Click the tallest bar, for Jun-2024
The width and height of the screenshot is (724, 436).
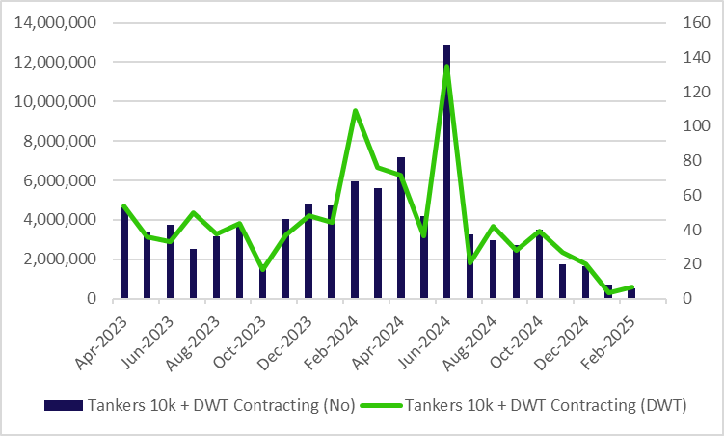[446, 172]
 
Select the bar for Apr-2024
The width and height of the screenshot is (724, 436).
[401, 228]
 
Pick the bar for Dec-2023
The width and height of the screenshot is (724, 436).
[308, 251]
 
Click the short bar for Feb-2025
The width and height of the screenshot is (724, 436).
[631, 293]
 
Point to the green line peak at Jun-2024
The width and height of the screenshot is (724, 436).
[446, 67]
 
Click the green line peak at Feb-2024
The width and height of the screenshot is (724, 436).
[355, 111]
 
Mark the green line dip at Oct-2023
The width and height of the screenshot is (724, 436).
[262, 269]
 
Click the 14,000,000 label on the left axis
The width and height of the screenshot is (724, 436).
[55, 22]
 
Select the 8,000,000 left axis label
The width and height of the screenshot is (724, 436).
[60, 141]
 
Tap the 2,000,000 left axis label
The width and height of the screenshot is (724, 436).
[60, 259]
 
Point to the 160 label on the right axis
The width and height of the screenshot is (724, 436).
[696, 22]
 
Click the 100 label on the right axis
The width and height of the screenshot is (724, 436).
[696, 125]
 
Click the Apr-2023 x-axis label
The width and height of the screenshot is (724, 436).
[101, 343]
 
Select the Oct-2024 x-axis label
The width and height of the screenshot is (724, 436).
[516, 342]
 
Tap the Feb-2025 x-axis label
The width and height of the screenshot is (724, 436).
[607, 343]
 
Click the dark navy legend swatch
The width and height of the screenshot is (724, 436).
[64, 405]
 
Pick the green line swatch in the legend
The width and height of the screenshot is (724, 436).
[382, 405]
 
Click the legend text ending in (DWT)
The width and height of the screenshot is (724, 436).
[546, 405]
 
